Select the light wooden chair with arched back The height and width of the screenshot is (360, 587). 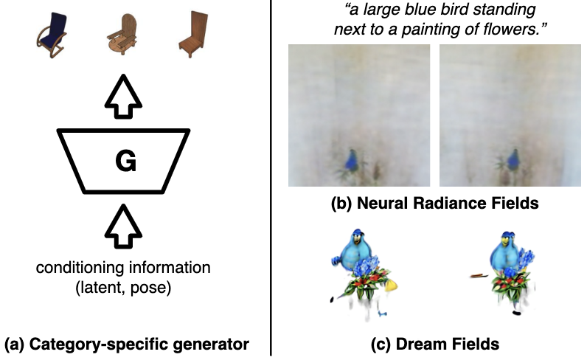[121, 36]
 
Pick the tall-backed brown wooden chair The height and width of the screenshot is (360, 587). [192, 35]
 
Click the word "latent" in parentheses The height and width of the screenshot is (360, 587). [105, 286]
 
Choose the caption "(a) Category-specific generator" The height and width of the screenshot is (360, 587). [126, 343]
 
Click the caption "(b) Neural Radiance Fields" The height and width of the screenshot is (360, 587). [435, 204]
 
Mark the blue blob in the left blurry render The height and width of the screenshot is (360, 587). [352, 160]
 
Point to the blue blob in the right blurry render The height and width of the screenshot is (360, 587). [513, 159]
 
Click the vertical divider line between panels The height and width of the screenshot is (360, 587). [271, 177]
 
